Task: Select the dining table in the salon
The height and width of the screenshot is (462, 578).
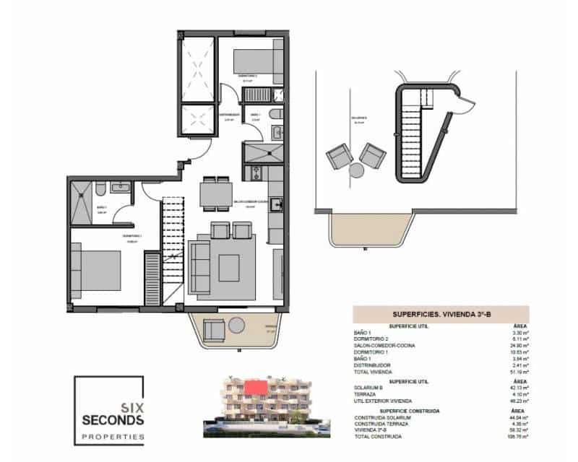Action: (213, 194)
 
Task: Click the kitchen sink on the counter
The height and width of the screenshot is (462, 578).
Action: (275, 204)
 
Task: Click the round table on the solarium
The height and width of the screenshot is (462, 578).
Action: (356, 170)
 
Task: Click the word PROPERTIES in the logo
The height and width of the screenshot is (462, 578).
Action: (112, 437)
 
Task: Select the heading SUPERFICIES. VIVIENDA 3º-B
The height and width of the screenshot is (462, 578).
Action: (441, 314)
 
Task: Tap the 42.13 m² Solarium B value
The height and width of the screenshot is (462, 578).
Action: (519, 388)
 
